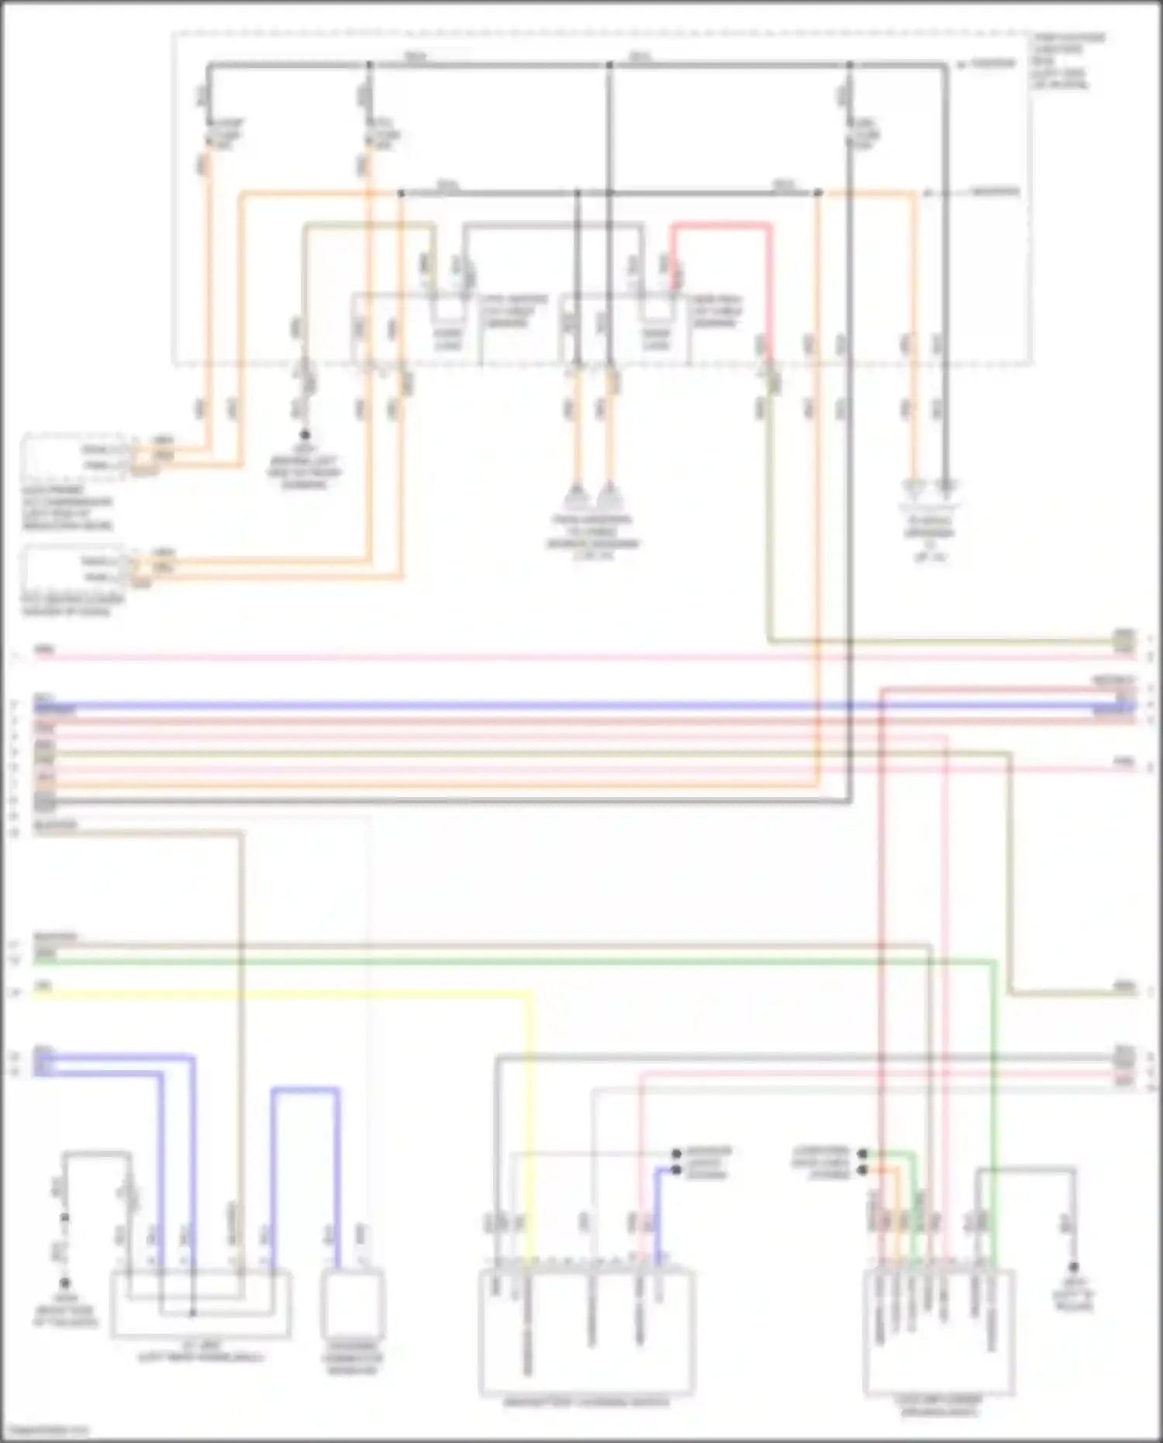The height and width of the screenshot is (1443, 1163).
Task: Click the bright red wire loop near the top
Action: (721, 226)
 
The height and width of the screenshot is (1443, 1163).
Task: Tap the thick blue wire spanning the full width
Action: (543, 706)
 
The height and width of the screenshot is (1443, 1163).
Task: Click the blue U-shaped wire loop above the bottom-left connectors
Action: (305, 1090)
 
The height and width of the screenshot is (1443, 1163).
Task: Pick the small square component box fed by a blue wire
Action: (354, 1303)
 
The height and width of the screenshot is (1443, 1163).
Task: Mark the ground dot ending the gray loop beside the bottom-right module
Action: (1074, 1267)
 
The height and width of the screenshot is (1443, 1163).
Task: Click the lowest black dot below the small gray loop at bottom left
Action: (65, 1283)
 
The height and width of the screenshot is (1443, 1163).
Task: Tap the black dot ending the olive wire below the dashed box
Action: (305, 435)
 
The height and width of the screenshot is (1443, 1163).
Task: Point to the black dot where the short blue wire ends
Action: (676, 1170)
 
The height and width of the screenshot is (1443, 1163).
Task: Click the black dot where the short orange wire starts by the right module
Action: (863, 1170)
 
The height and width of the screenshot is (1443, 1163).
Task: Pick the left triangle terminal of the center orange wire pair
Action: (576, 495)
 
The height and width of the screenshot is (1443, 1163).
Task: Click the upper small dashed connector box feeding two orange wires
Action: (74, 457)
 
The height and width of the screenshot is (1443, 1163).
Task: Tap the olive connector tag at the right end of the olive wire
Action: (1123, 640)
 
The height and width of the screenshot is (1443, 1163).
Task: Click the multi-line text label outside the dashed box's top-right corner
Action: (1068, 60)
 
